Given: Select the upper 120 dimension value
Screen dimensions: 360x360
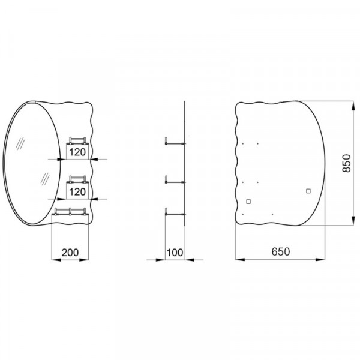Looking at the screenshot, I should tap(77, 152).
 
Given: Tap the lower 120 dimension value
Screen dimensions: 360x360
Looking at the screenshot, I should tap(77, 192).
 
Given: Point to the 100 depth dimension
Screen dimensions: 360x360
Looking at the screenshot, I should tap(175, 253).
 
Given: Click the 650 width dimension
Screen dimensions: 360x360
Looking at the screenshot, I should tap(279, 253).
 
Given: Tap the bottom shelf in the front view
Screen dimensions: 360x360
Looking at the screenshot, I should tap(71, 210).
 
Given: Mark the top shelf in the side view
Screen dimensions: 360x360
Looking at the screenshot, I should tap(175, 143).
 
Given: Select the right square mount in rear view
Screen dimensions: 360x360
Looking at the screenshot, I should tap(308, 191).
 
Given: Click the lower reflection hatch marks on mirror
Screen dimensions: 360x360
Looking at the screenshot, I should tap(44, 178).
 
